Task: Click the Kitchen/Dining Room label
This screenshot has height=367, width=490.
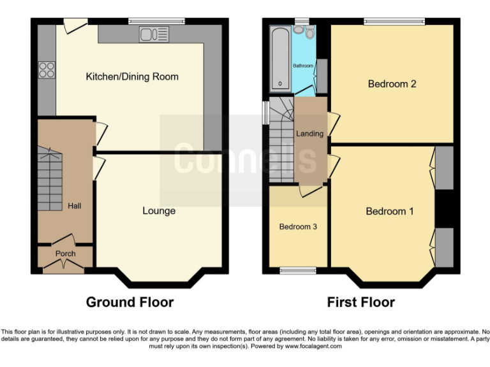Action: pyautogui.click(x=132, y=77)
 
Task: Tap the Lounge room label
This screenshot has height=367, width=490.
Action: pyautogui.click(x=159, y=211)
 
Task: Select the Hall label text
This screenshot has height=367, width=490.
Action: pyautogui.click(x=75, y=206)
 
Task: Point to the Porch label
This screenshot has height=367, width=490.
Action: pyautogui.click(x=65, y=254)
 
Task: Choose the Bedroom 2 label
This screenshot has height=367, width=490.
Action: pyautogui.click(x=392, y=83)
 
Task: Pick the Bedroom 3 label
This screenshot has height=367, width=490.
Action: pyautogui.click(x=298, y=227)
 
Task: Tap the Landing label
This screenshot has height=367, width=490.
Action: pyautogui.click(x=310, y=134)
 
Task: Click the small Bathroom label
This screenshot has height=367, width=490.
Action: pyautogui.click(x=303, y=66)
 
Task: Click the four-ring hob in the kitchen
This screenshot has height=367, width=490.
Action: pyautogui.click(x=47, y=69)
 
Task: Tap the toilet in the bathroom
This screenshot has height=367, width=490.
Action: pyautogui.click(x=309, y=32)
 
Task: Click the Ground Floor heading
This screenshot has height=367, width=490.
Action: pyautogui.click(x=130, y=302)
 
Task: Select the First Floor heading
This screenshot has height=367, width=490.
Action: pyautogui.click(x=360, y=302)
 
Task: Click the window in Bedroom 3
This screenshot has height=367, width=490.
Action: pyautogui.click(x=298, y=271)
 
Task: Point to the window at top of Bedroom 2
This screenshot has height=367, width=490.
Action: pyautogui.click(x=394, y=22)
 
